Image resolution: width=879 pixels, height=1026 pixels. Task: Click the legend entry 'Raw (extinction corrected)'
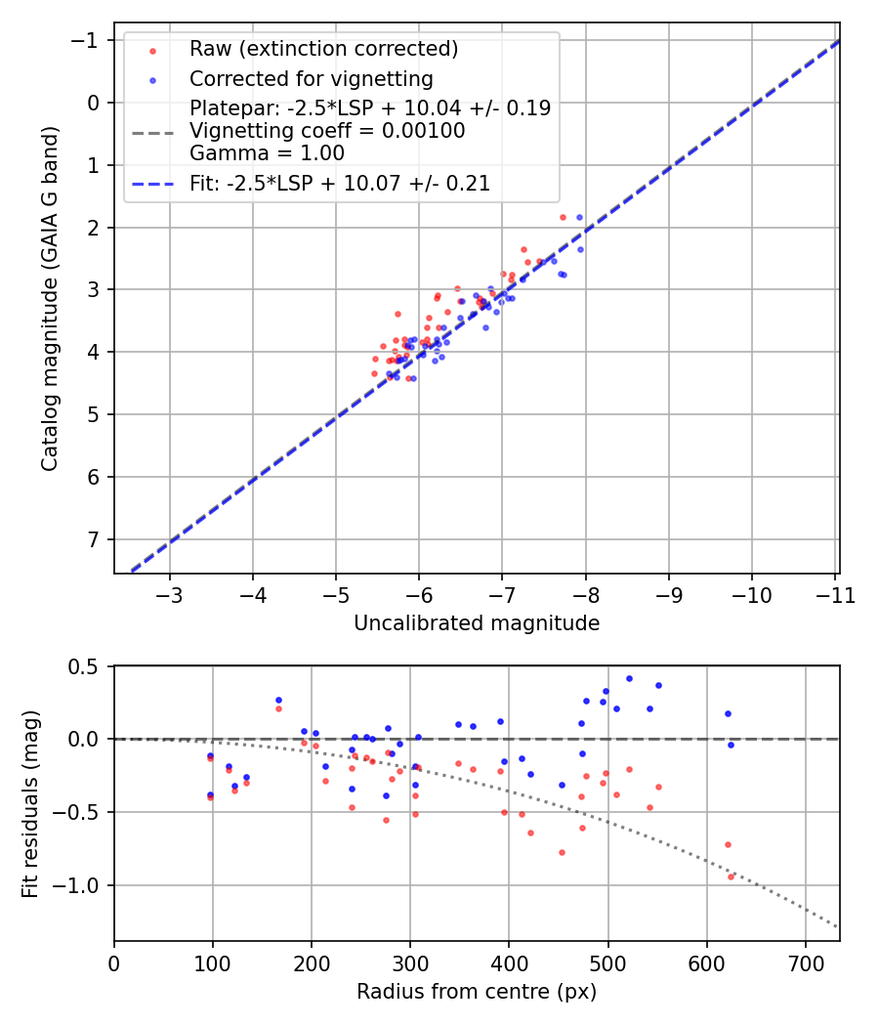(x=323, y=49)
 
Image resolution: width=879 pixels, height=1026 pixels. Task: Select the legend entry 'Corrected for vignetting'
(x=311, y=78)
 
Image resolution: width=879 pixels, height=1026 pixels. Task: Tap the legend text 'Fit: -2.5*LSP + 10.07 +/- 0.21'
(x=340, y=183)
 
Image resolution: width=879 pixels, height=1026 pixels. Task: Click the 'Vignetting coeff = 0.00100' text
(x=327, y=130)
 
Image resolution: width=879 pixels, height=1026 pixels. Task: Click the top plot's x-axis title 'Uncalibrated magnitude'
(x=477, y=622)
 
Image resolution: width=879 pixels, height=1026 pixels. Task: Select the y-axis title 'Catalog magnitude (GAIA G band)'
(x=50, y=298)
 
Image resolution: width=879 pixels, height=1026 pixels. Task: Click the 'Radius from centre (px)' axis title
(x=477, y=992)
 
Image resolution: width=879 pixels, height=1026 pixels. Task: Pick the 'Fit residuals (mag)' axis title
(x=30, y=804)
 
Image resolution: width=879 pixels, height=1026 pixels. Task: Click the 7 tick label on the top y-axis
(x=94, y=539)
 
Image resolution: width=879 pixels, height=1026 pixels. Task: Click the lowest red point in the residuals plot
(x=731, y=876)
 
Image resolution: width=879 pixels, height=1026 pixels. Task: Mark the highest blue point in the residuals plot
(x=629, y=678)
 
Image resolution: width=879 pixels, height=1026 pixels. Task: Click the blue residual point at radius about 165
(x=278, y=700)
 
